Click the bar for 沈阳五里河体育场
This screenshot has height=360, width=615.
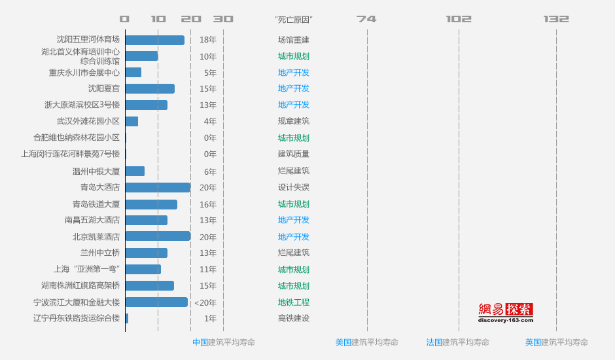click(154, 40)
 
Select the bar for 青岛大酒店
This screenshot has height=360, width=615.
click(158, 187)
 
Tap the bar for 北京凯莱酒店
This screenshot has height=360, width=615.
click(158, 236)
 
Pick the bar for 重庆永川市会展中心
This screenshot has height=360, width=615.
click(133, 73)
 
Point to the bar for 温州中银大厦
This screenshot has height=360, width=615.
click(135, 171)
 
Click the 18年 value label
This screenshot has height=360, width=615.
click(208, 40)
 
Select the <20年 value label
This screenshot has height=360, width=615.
click(205, 302)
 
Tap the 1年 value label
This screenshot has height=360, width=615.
click(210, 319)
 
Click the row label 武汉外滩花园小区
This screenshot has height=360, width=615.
click(88, 121)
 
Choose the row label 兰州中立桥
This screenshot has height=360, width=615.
click(100, 253)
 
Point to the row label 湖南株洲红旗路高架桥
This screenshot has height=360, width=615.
click(80, 285)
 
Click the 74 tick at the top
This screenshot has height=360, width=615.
click(366, 19)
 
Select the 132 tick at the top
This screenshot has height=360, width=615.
click(556, 19)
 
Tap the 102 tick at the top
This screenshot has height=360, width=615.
click(459, 19)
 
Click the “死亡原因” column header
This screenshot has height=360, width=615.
click(294, 20)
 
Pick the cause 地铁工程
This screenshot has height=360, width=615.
click(294, 302)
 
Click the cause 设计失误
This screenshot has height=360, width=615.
click(294, 187)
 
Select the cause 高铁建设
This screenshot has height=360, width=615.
click(294, 319)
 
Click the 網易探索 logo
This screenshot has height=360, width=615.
click(506, 312)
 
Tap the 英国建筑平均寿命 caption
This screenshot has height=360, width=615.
click(556, 342)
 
